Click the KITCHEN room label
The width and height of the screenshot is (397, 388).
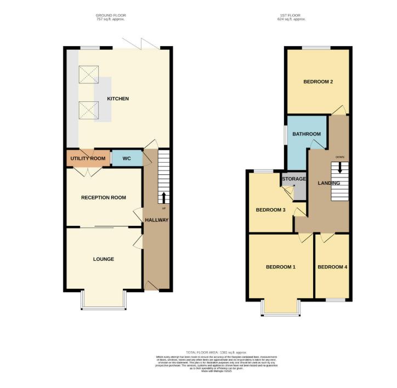coord(118,99)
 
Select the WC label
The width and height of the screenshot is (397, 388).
coord(126,158)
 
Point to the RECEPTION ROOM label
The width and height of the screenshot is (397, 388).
coord(104,198)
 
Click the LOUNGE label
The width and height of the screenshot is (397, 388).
coord(104,259)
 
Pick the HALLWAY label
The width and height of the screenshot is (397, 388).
coord(156,220)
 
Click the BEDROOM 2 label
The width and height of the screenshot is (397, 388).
coord(319,82)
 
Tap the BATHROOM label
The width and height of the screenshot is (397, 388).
coord(306,134)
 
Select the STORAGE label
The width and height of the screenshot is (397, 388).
coord(294,179)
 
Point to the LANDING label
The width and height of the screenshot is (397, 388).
coord(328,183)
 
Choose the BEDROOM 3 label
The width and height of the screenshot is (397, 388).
coord(271,209)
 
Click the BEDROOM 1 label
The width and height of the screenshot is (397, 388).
coord(281,267)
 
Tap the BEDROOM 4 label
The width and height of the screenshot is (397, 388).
coord(332,267)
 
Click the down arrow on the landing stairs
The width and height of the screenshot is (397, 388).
coord(341,167)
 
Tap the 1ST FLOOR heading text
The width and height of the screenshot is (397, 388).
coord(291,15)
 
